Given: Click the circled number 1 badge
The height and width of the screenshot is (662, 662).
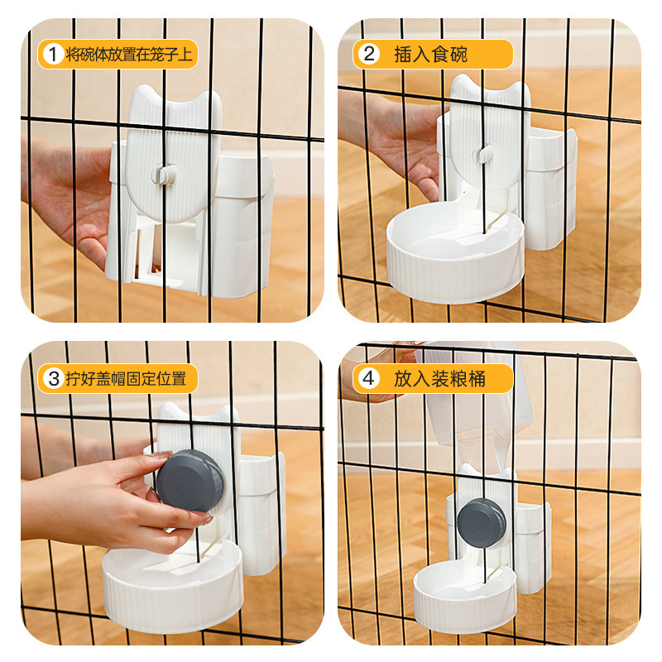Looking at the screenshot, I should point(52,55).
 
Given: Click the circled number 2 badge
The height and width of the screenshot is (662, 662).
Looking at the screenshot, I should point(369,55).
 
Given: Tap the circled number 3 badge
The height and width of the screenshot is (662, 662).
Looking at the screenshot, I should point(53,379).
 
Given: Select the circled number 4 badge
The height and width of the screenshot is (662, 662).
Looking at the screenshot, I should point(369,379).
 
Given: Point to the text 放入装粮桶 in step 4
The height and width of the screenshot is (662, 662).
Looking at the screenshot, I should point(439,379).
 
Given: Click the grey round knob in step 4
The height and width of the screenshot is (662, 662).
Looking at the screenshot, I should point(481,522).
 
